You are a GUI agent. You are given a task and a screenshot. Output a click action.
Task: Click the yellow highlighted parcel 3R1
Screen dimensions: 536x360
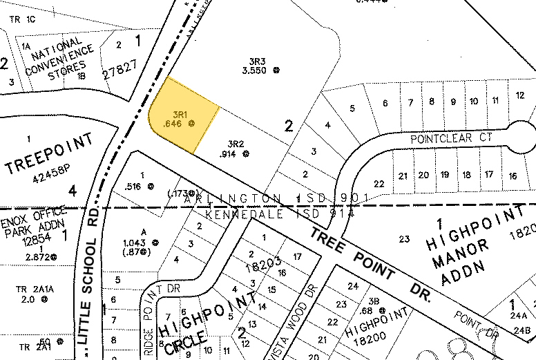tap(181, 116)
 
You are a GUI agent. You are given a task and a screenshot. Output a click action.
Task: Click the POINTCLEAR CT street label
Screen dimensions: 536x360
tap(451, 138)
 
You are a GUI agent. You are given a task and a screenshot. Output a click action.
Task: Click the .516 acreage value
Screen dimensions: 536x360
tap(131, 187)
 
